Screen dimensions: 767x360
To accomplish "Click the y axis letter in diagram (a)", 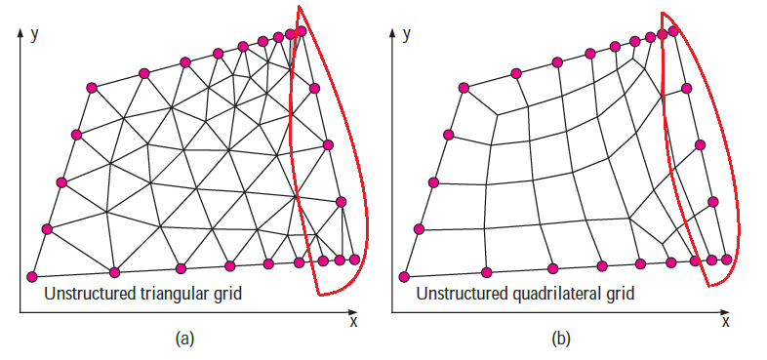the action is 34,35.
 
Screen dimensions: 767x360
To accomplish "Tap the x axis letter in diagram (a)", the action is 353,322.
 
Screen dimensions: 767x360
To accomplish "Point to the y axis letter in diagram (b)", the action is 406,35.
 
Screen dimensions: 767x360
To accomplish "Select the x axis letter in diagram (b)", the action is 725,322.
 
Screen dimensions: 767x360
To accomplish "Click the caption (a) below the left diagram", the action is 184,339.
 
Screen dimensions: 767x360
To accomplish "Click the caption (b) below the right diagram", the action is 557,339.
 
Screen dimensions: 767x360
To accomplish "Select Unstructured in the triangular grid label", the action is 90,294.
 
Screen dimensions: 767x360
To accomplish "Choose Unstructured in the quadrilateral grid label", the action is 462,294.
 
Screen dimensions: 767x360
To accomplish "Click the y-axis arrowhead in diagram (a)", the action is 20,32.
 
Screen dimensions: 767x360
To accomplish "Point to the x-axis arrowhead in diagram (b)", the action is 725,311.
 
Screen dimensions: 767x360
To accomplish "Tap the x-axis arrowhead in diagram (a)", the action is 352,311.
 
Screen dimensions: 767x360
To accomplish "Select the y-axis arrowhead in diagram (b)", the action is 392,32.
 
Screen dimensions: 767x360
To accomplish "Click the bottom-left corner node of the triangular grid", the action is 32,277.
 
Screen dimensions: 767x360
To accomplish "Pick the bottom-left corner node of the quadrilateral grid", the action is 404,277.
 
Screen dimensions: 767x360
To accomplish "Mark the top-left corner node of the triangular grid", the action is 92,88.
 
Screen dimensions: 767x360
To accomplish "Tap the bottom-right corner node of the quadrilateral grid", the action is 726,260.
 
